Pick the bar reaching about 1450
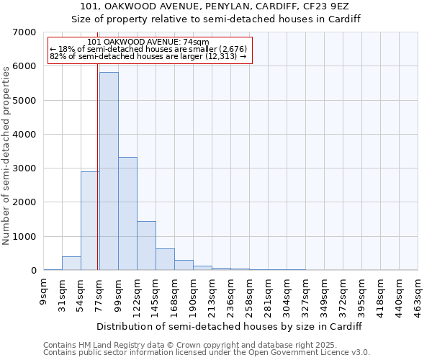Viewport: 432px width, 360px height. click(x=146, y=246)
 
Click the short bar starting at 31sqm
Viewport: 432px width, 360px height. click(x=71, y=264)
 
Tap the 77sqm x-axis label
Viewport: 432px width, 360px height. click(x=100, y=294)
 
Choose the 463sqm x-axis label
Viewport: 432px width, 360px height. click(x=418, y=296)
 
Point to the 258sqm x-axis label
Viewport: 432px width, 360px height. click(x=250, y=296)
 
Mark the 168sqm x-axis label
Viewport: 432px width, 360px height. click(x=175, y=296)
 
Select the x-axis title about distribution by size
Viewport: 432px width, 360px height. click(x=230, y=326)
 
